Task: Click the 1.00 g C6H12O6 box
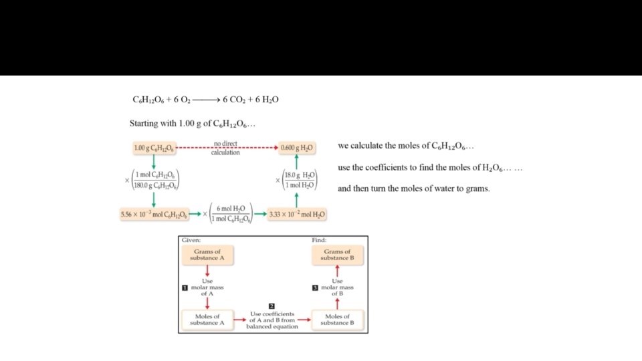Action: coord(154,147)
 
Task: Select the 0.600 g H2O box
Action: coord(297,147)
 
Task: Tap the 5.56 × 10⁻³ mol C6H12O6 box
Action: coord(154,215)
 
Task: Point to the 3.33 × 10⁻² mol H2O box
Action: coord(297,215)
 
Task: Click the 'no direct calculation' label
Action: coord(225,148)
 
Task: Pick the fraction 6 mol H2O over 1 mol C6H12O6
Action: coord(230,215)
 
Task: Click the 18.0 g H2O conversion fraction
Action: coord(300,180)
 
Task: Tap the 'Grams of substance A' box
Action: coord(207,255)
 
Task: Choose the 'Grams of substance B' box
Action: coord(337,255)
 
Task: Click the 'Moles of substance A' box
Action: coord(207,320)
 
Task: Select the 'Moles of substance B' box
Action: coord(337,320)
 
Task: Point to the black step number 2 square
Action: coord(272,306)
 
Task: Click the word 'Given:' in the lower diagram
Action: coord(191,240)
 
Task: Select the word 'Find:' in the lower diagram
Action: coord(319,240)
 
